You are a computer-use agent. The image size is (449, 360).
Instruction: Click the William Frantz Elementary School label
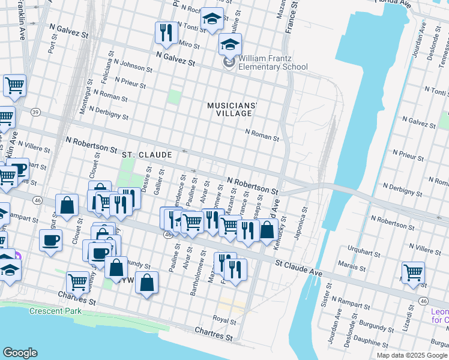[273, 62]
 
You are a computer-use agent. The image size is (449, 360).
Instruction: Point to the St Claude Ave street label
[299, 268]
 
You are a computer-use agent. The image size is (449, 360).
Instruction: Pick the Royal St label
[224, 321]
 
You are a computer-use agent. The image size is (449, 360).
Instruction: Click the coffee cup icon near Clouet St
[50, 240]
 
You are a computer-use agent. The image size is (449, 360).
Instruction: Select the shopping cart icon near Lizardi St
[413, 272]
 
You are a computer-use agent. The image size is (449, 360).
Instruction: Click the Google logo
[20, 353]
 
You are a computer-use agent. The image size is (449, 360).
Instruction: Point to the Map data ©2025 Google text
[412, 355]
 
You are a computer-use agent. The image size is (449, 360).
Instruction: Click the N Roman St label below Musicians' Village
[262, 135]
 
